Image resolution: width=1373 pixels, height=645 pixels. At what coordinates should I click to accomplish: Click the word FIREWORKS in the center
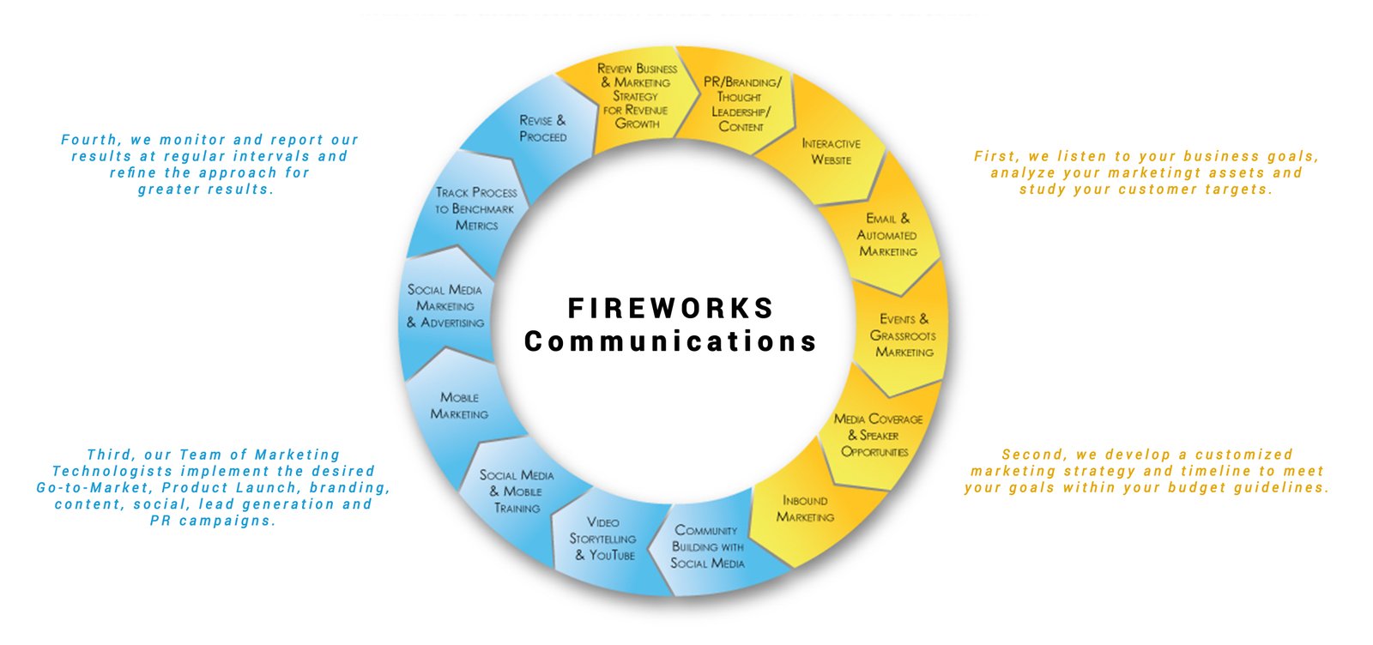click(671, 309)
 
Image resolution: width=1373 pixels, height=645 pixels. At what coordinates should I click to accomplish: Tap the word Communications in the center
click(671, 341)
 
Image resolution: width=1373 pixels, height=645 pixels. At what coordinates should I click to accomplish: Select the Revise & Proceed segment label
click(542, 129)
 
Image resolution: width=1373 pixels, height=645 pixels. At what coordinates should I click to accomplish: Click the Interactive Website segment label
click(831, 152)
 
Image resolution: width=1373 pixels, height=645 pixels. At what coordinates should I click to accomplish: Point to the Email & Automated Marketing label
click(887, 235)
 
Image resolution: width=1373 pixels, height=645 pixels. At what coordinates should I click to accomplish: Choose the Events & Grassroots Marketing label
click(904, 335)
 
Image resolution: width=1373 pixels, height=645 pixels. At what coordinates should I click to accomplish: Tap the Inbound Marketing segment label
click(805, 509)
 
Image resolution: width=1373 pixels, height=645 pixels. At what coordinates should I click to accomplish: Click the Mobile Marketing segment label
click(459, 406)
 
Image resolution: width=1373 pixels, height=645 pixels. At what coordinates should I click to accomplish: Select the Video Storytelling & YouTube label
click(603, 539)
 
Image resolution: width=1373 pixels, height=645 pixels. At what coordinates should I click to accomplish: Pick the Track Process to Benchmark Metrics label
click(475, 208)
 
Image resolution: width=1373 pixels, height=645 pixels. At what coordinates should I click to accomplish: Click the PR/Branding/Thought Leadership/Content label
click(741, 104)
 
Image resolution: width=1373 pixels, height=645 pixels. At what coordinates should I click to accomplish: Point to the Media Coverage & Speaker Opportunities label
click(877, 435)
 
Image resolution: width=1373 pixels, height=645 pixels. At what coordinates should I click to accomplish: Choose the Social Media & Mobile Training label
click(517, 491)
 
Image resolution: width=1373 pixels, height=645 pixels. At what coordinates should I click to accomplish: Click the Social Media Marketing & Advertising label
click(445, 306)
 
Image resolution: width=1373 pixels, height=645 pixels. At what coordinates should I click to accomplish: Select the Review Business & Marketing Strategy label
click(637, 96)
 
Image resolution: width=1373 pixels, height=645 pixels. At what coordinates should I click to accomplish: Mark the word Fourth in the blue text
click(90, 140)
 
